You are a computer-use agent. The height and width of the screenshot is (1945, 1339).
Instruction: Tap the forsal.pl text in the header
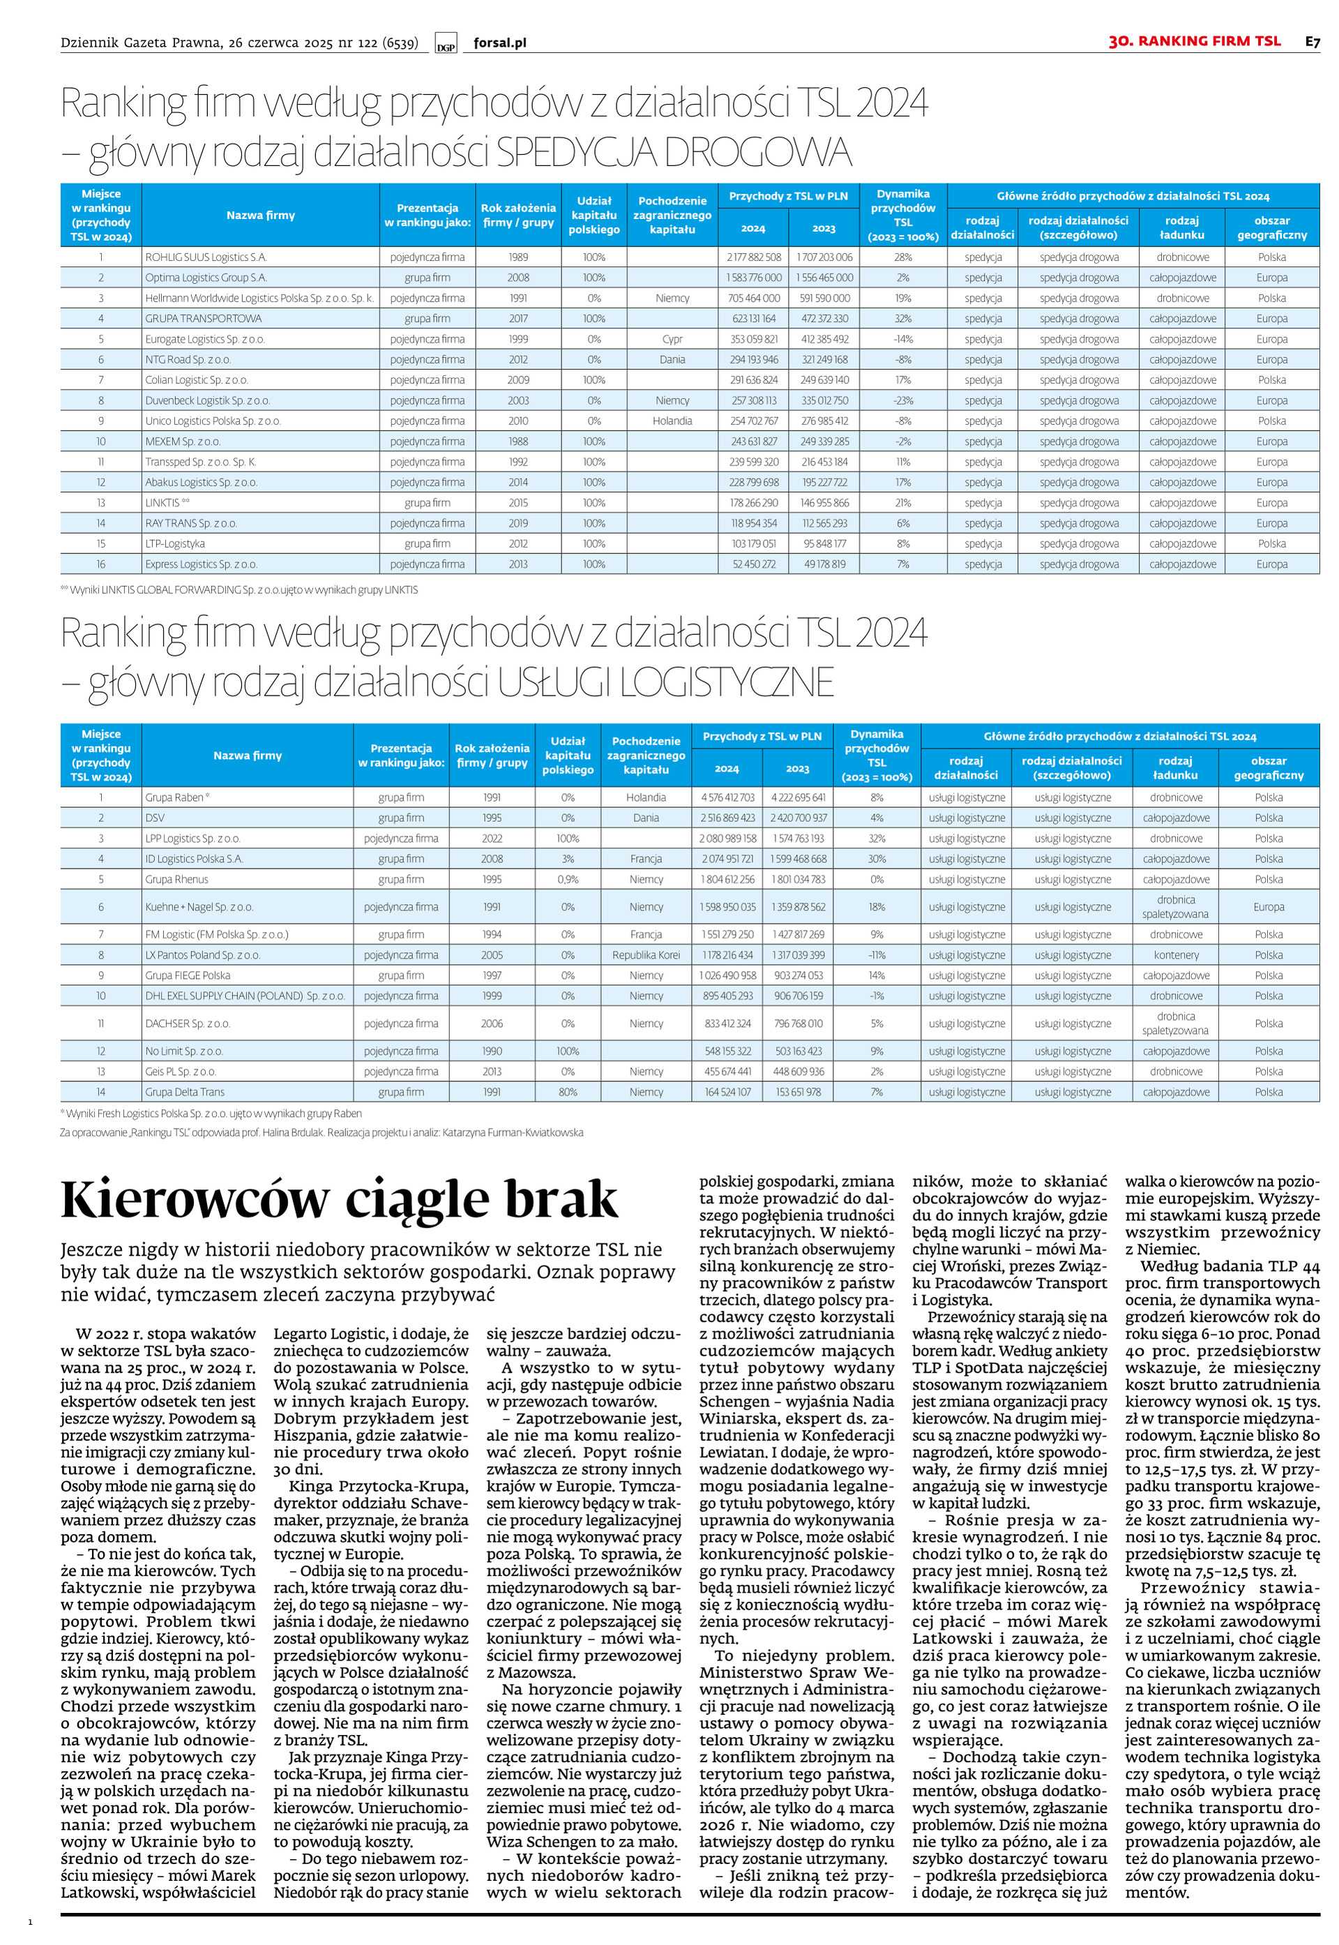coord(500,43)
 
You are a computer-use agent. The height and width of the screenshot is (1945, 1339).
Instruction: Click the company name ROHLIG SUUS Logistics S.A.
coord(206,257)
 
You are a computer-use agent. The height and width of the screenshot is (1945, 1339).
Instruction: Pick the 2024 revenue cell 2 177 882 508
coord(753,257)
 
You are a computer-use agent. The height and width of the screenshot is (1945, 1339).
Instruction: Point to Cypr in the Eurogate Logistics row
coord(672,339)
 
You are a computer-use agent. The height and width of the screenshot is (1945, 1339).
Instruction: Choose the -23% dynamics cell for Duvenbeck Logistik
coord(902,400)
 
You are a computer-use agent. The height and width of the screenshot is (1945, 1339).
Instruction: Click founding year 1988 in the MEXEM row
coord(518,442)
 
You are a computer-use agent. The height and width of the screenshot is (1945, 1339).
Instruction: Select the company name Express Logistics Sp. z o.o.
coord(202,564)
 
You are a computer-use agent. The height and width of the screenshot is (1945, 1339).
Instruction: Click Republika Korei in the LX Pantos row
coord(646,955)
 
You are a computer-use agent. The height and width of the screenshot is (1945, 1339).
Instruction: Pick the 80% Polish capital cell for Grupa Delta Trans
coord(568,1092)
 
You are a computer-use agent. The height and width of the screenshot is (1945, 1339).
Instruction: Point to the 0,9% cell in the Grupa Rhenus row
coord(568,879)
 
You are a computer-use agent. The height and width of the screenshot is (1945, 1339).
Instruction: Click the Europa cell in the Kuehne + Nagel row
coord(1269,906)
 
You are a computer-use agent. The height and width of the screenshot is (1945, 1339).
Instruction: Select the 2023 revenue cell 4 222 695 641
coord(798,797)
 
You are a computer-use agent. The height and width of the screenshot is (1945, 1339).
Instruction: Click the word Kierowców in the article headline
coord(195,1200)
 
